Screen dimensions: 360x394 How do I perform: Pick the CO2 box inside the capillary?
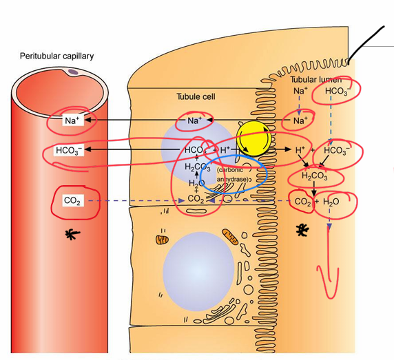click(71, 200)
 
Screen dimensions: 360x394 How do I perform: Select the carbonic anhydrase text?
click(233, 173)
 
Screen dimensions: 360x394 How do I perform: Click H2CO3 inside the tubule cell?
click(198, 167)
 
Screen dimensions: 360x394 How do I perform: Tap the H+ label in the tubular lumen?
click(299, 149)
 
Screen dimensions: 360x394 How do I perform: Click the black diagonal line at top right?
click(365, 45)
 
